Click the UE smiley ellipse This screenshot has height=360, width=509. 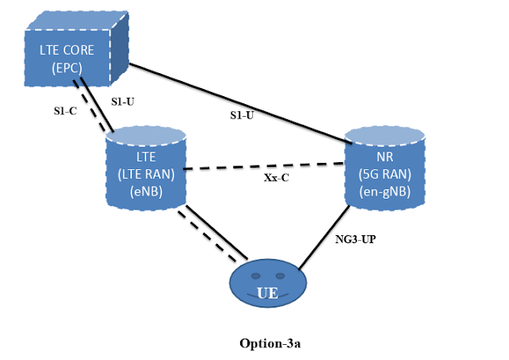tap(267, 287)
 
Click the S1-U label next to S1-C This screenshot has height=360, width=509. tap(124, 102)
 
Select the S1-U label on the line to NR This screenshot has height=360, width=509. tap(242, 115)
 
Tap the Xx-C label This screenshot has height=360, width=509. tap(276, 178)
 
